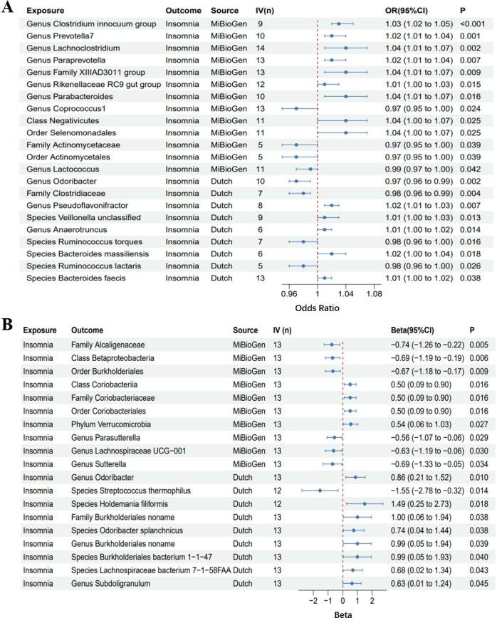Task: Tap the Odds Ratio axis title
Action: tap(318, 308)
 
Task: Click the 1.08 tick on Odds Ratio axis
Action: tap(373, 293)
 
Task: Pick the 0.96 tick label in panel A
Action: tap(290, 293)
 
